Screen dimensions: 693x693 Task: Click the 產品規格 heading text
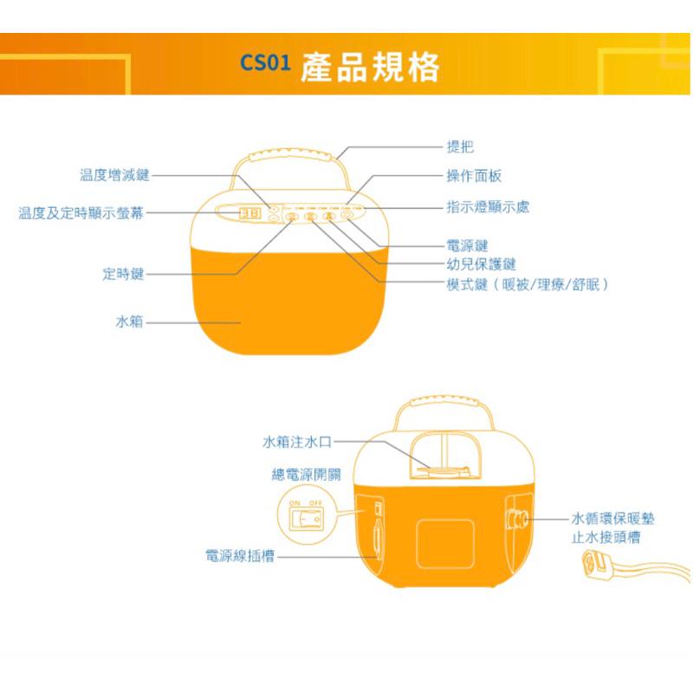click(370, 66)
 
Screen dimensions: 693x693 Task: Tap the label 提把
click(459, 148)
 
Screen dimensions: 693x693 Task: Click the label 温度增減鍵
click(114, 175)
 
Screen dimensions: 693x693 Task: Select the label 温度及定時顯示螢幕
click(81, 213)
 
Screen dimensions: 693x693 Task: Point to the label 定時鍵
click(123, 275)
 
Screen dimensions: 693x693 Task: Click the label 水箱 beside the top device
click(129, 321)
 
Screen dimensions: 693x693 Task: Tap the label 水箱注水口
click(296, 442)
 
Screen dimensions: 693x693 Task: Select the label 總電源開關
click(306, 475)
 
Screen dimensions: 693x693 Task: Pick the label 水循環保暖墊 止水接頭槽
click(612, 528)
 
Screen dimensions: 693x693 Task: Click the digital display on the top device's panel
click(251, 214)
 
